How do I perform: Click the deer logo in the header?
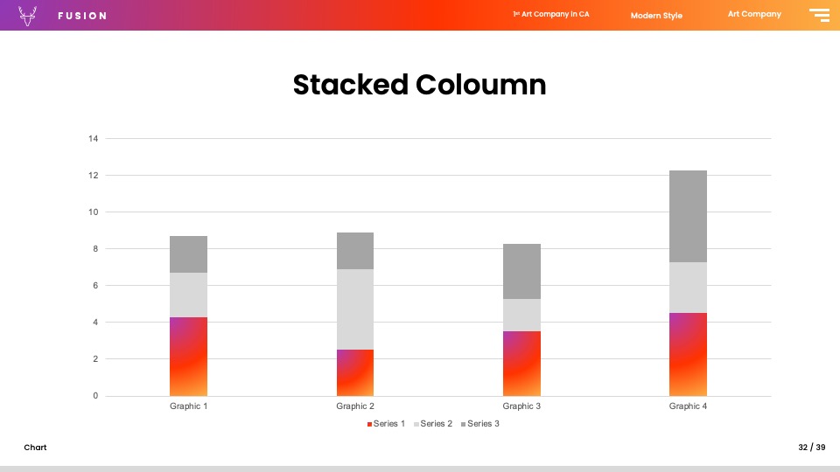[27, 16]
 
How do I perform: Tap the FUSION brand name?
[82, 16]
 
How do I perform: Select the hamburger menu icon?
[819, 15]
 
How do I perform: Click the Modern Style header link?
[656, 16]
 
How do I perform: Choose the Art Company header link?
[754, 14]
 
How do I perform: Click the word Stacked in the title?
[350, 85]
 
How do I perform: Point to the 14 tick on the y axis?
[94, 139]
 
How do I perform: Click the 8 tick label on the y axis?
[95, 249]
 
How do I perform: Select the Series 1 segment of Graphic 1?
[189, 357]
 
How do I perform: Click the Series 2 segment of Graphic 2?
[355, 309]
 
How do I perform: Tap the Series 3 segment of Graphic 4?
[688, 216]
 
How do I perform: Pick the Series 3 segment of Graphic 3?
[521, 271]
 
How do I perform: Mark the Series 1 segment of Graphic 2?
[355, 373]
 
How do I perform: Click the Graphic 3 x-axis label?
[521, 406]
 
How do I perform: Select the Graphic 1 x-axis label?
[189, 406]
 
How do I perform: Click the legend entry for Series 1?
[386, 424]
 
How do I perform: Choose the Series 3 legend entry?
[480, 424]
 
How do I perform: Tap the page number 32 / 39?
[812, 448]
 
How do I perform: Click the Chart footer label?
[35, 448]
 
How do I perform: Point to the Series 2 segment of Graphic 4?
[688, 288]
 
